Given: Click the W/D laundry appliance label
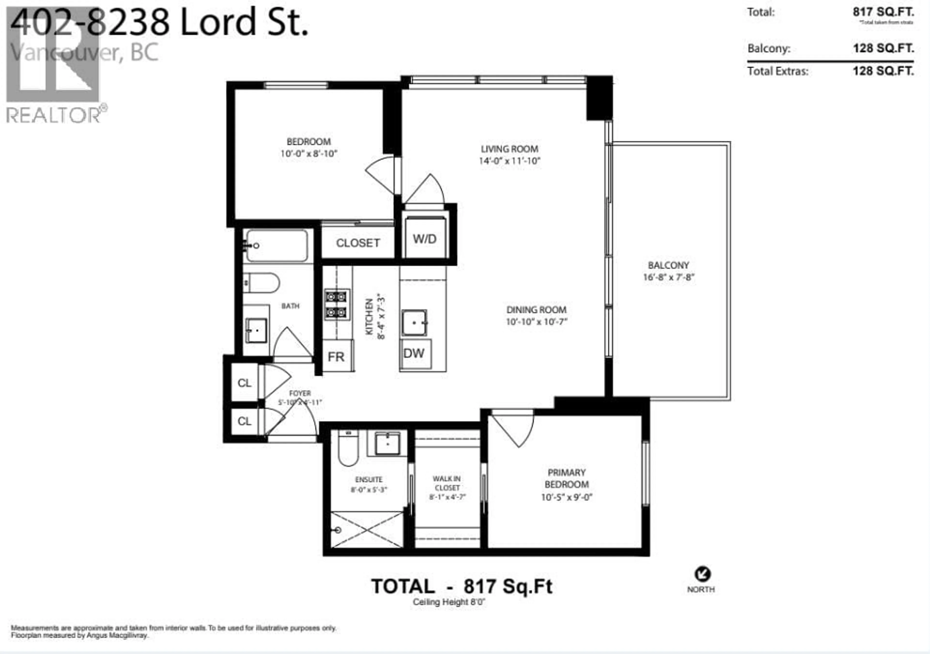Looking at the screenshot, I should click(425, 239).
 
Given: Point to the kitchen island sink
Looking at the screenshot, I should click(414, 323).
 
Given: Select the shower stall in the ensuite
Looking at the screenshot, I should click(367, 529).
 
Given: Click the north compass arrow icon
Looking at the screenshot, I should click(702, 574).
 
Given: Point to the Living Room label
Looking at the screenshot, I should click(510, 149).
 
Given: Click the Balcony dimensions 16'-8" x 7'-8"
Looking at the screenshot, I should click(669, 277).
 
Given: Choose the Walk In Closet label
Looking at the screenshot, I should click(447, 483).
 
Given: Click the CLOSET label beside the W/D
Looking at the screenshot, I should click(358, 243).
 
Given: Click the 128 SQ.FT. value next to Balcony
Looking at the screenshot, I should click(883, 48).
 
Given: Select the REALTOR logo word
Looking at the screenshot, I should click(54, 116).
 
